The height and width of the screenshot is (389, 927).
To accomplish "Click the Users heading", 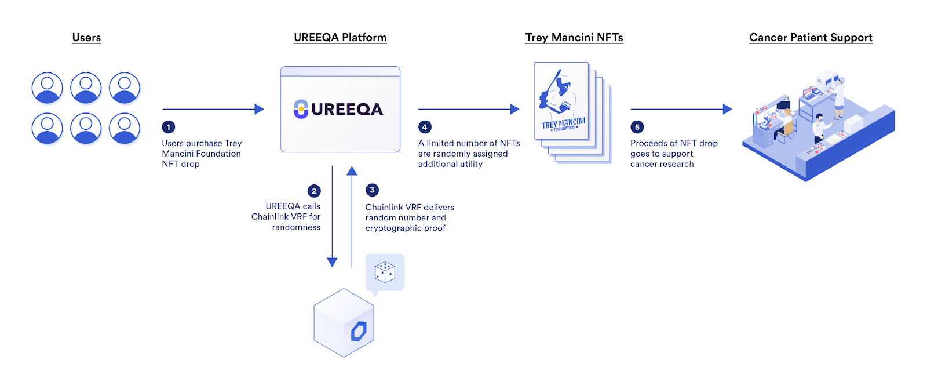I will click(86, 38).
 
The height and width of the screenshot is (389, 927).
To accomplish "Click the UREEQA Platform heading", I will click(340, 38).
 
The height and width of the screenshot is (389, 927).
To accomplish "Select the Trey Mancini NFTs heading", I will click(574, 38).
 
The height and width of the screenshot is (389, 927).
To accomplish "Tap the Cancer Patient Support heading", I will click(811, 38).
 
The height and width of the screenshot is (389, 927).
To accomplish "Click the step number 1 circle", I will click(169, 127).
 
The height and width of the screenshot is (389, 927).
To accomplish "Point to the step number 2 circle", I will click(314, 191).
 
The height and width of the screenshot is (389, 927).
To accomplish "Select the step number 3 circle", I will click(372, 190).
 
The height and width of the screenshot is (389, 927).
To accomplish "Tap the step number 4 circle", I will click(425, 127).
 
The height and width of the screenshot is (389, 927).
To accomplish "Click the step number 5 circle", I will click(637, 127).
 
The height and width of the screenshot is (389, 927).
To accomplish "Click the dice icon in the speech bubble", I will click(385, 271).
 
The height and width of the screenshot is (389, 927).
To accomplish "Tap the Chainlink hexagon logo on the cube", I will click(359, 332).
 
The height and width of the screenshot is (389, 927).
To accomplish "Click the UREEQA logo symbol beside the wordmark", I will click(301, 109).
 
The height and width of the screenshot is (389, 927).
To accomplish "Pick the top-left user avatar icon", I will click(47, 88).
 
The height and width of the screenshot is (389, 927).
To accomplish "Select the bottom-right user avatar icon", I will click(125, 128).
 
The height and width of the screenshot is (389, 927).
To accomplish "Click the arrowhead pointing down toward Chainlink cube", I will click(332, 262).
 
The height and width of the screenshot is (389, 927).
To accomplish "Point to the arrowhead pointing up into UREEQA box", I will click(352, 170).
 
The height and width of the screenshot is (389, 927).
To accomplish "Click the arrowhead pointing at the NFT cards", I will click(514, 109).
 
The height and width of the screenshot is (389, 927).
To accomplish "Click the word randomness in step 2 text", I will click(296, 227).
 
